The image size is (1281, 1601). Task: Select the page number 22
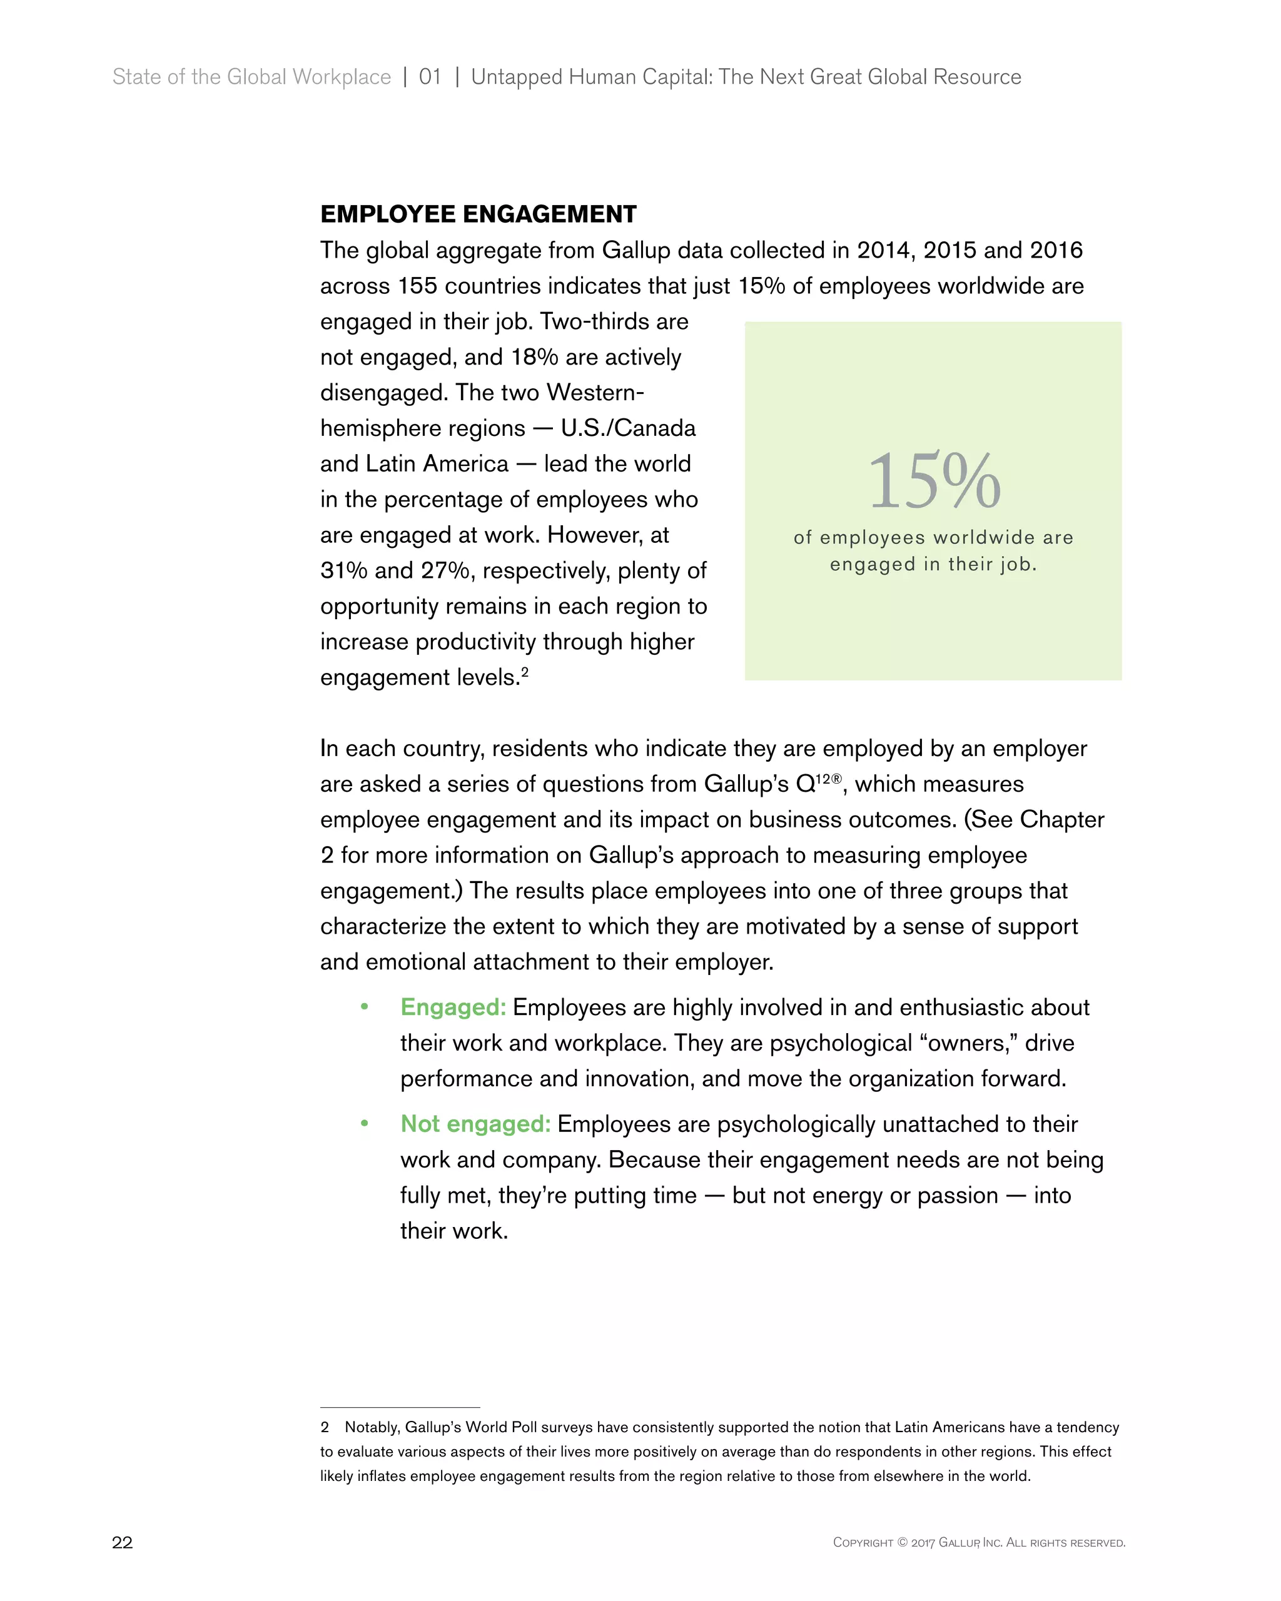click(x=122, y=1542)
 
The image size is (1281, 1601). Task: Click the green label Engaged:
click(x=452, y=1007)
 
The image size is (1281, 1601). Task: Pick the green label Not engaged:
click(x=475, y=1124)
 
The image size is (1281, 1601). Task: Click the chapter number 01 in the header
click(x=430, y=77)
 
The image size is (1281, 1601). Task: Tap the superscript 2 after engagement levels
click(x=524, y=670)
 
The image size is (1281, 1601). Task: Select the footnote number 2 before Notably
click(x=325, y=1427)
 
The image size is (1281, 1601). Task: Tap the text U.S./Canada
click(x=627, y=428)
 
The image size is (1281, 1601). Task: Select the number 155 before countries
click(x=417, y=286)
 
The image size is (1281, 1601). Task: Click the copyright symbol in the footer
click(x=903, y=1542)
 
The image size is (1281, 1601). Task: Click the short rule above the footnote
click(x=400, y=1407)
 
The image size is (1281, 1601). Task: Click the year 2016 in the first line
click(x=1055, y=250)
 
